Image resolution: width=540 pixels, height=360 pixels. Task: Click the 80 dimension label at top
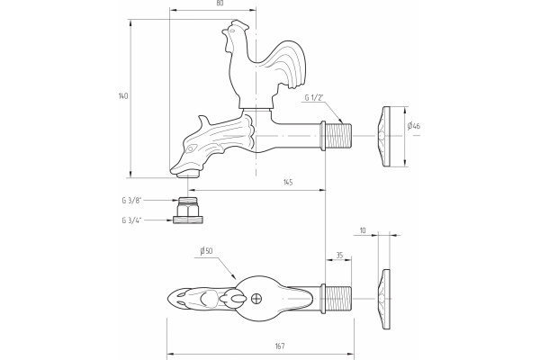point(220,3)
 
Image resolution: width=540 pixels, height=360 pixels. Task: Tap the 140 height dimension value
point(123,95)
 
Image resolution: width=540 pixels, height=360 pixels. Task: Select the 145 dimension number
point(288,182)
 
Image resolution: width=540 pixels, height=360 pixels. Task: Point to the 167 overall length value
point(280,346)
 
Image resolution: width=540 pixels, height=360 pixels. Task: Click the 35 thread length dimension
point(339,256)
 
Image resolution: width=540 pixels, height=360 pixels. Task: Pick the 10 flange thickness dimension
point(363,230)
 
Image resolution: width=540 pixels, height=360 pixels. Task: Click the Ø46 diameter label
point(414,126)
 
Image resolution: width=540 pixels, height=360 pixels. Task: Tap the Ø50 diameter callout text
point(206,251)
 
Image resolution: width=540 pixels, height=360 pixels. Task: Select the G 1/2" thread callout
point(314,97)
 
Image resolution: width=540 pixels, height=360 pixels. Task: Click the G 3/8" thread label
point(131,201)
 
